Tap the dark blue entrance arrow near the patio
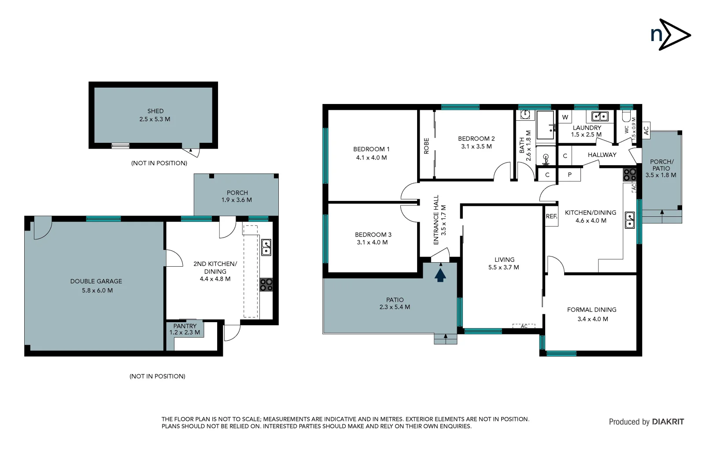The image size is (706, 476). coord(440,275)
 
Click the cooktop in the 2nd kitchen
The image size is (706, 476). coord(266,285)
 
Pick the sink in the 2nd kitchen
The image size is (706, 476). coord(266,247)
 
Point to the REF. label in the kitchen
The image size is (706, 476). coord(551,216)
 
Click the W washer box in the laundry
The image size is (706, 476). coord(565,117)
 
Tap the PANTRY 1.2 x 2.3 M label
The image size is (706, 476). coord(185,329)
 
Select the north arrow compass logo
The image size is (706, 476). coord(670,34)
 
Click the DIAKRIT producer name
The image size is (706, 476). coord(668,422)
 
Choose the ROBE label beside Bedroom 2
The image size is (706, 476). coord(426,146)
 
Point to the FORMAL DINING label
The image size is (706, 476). coord(591,310)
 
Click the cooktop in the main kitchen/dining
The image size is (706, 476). coord(629,175)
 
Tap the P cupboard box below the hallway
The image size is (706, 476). coord(569,175)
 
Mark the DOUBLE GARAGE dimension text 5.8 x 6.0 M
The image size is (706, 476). coord(97,290)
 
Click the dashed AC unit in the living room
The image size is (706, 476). coord(524,326)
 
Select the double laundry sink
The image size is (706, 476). coord(599,116)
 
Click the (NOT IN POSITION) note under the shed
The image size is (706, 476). coord(159,163)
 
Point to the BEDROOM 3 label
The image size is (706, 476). coord(373,235)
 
